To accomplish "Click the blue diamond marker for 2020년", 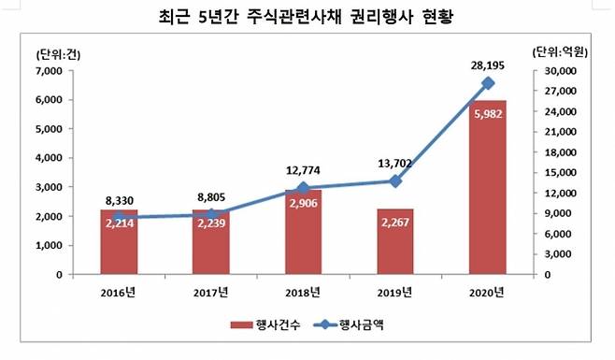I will click(x=487, y=83).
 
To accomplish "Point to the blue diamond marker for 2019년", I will click(x=395, y=180).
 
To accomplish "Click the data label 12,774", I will click(x=304, y=170).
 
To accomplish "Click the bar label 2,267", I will click(x=395, y=223).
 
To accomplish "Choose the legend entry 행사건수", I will click(x=262, y=325).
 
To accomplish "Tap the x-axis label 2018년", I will click(x=304, y=293).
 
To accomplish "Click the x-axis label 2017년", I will click(x=211, y=293).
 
